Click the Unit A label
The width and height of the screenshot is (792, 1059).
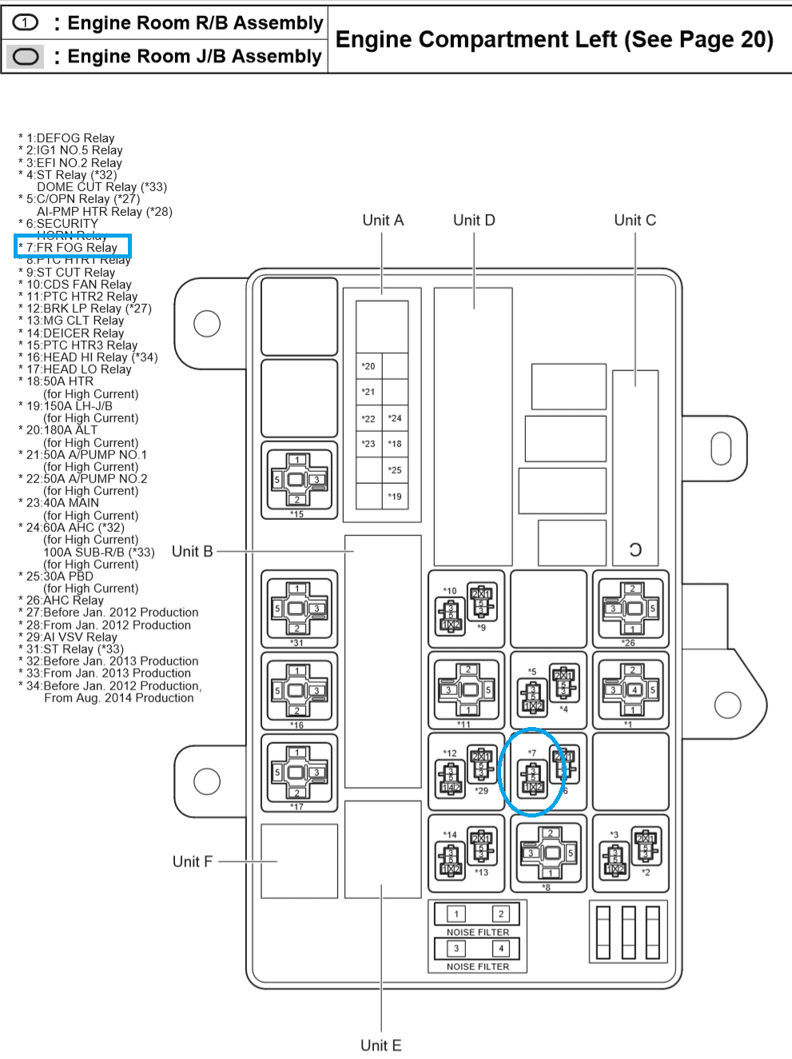point(383,221)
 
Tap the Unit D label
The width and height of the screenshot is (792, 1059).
point(474,221)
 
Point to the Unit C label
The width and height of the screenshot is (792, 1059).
point(635,221)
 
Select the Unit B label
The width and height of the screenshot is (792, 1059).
point(192,552)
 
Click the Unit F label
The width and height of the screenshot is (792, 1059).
point(192,861)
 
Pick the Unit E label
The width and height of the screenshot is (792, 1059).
point(380,1045)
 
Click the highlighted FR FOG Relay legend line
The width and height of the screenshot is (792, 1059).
point(72,248)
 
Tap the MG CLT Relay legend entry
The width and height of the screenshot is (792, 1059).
point(75,321)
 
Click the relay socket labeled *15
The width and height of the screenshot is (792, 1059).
point(297,480)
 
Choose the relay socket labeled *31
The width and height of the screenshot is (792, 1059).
point(297,609)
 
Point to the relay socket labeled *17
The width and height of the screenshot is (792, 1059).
point(297,773)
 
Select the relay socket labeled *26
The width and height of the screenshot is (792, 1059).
point(631,609)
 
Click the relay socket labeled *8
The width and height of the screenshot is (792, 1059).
point(549,853)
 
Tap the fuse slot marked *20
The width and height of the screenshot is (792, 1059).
point(368,366)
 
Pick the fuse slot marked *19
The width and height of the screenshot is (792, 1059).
point(395,497)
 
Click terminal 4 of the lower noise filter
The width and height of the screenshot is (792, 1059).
point(501,949)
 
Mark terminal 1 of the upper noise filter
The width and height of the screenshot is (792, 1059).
point(456,914)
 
